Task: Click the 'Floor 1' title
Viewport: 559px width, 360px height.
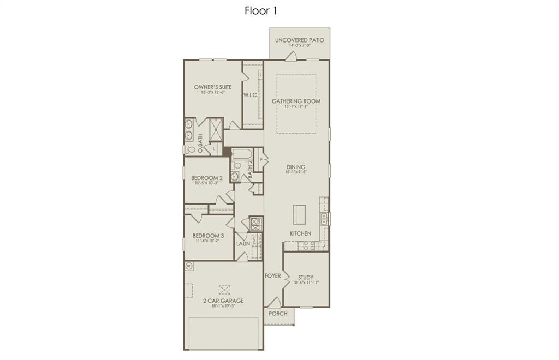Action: point(261,11)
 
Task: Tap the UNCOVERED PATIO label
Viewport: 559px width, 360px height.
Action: point(299,40)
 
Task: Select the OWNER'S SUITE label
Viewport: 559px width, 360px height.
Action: point(212,87)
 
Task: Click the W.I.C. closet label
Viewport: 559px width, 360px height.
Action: point(250,95)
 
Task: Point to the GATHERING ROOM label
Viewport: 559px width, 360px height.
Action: point(296,101)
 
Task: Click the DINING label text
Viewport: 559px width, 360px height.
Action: point(296,167)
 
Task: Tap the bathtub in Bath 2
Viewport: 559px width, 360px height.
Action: point(242,154)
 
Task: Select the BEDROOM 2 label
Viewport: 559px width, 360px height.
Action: point(206,178)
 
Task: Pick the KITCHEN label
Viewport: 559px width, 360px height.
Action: point(300,233)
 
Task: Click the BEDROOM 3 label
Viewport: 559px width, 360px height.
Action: point(208,236)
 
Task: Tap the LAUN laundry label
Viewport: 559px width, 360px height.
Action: point(243,243)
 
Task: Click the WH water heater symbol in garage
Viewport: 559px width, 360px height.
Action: point(189,266)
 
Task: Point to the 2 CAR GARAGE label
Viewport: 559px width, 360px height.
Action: point(223,301)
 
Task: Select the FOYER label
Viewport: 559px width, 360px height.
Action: point(273,276)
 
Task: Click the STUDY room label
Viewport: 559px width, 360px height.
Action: point(306,277)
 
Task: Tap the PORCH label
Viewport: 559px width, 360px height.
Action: point(278,314)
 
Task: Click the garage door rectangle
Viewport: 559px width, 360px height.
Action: point(223,333)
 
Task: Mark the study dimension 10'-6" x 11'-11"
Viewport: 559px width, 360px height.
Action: point(306,283)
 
